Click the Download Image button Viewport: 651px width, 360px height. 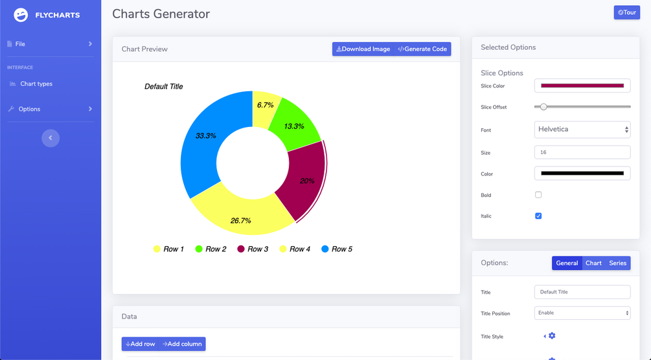click(363, 49)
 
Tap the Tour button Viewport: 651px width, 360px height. click(626, 12)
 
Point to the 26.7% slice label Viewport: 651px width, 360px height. click(240, 221)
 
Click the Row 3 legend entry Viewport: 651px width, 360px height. click(253, 249)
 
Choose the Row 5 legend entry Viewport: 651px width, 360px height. click(336, 249)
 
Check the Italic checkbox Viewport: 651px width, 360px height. click(538, 216)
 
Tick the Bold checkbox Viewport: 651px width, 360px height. click(538, 195)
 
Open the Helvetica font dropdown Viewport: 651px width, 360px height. click(582, 129)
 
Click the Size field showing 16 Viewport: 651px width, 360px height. click(582, 153)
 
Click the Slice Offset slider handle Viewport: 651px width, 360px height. click(543, 107)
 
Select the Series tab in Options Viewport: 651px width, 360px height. click(617, 263)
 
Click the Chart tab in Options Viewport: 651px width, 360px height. click(593, 263)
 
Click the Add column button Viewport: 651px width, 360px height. click(183, 344)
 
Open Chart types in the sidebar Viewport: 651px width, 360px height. click(36, 84)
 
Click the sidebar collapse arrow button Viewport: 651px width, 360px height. click(51, 138)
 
